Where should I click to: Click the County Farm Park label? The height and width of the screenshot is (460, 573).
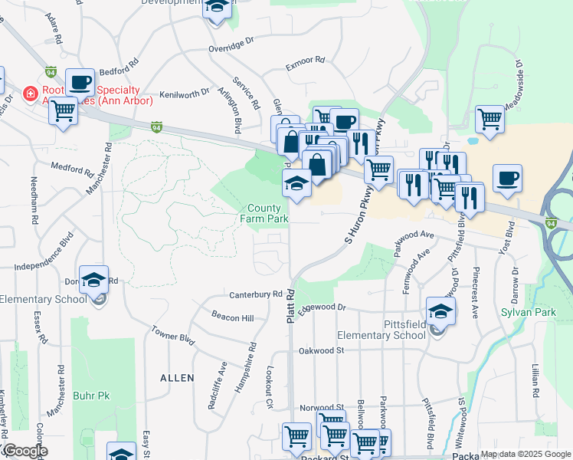click(267, 213)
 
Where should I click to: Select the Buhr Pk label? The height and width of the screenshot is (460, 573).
click(95, 396)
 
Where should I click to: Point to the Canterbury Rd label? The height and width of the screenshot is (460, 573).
click(256, 294)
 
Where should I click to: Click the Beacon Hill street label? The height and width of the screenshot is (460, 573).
click(232, 317)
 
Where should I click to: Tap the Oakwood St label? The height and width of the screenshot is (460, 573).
click(322, 350)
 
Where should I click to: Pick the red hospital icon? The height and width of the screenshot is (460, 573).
click(31, 94)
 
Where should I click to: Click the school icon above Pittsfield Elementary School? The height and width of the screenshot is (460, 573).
click(440, 310)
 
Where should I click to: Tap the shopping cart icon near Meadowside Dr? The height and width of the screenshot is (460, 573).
click(490, 119)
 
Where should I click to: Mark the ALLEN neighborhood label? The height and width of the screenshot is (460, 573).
click(176, 378)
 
